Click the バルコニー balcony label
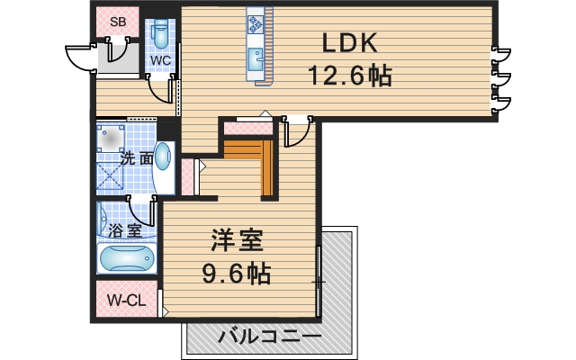269,337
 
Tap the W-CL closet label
126,301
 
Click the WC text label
160,60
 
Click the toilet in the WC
161,34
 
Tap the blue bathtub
127,259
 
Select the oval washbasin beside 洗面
163,158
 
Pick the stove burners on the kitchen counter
254,22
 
